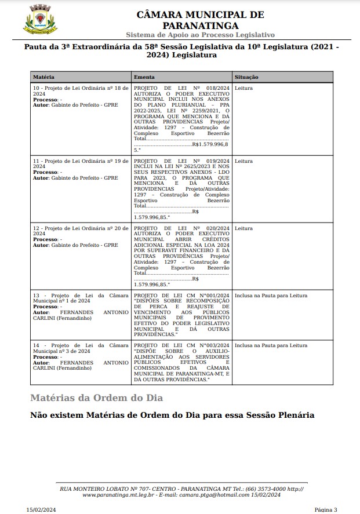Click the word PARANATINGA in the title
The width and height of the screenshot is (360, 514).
tap(200, 25)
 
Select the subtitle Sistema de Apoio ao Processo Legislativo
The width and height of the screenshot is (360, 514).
tap(200, 35)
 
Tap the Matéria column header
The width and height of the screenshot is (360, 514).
tap(43, 77)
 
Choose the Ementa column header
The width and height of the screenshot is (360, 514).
tap(144, 77)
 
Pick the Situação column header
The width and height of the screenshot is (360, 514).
tap(247, 77)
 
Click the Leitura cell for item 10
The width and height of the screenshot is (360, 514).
tap(243, 88)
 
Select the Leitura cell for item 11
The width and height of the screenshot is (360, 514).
tap(243, 161)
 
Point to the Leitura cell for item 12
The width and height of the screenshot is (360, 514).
tap(243, 228)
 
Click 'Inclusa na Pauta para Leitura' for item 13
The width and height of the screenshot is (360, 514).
tap(271, 296)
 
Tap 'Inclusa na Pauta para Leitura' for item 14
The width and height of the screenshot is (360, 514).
tap(271, 345)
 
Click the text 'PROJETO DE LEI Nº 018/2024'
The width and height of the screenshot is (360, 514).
tap(181, 88)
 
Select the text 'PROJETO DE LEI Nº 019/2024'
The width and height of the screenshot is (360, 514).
tap(181, 161)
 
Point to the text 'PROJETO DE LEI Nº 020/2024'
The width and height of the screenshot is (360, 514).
tap(181, 228)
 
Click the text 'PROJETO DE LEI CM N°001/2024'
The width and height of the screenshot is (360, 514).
tap(181, 296)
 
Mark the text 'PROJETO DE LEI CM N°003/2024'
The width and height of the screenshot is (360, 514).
tap(181, 345)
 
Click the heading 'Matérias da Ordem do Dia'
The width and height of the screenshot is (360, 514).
tap(97, 398)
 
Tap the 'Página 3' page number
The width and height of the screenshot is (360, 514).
tap(326, 509)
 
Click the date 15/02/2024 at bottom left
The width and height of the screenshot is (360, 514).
tap(40, 509)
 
